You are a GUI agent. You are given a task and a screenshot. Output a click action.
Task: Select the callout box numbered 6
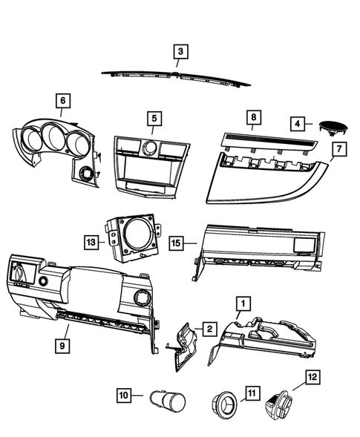pyautogui.click(x=62, y=101)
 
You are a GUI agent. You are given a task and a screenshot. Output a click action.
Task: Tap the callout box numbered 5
pyautogui.click(x=154, y=118)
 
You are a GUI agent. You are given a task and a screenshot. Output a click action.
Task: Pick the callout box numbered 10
pyautogui.click(x=123, y=395)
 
